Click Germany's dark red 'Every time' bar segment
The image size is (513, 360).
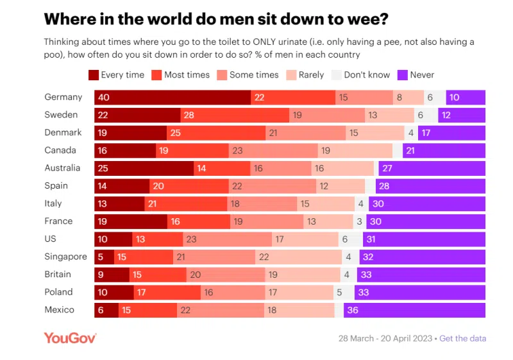click(172, 98)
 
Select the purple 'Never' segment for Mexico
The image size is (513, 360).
click(414, 310)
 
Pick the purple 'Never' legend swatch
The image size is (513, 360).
click(403, 75)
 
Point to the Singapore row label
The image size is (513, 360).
click(65, 257)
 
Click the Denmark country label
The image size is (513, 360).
click(63, 133)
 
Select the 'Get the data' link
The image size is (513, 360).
click(462, 338)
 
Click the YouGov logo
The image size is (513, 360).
click(70, 338)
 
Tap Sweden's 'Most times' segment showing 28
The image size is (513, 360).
click(235, 115)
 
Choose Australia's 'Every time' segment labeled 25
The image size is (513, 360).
click(144, 168)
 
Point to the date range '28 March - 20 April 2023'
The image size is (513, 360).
click(385, 338)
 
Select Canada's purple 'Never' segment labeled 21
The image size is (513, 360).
click(444, 151)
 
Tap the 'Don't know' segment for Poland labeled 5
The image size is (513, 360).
click(339, 292)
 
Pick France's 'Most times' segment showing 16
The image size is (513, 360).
click(198, 221)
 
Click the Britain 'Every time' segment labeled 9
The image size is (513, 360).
click(112, 275)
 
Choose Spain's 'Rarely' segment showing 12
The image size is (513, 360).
click(341, 186)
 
